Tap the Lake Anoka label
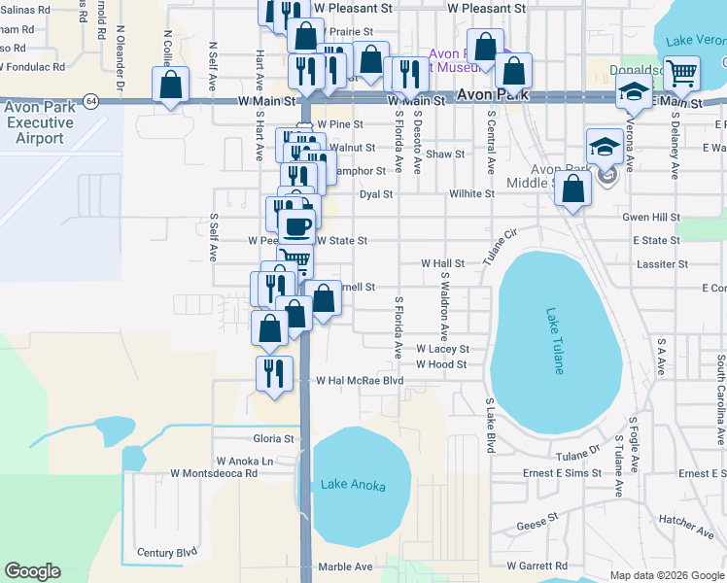tap(353, 486)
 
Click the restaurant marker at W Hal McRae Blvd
tap(274, 372)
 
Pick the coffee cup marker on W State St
tap(296, 226)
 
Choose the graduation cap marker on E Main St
tap(634, 92)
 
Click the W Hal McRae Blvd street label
tap(359, 382)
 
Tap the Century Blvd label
tap(167, 553)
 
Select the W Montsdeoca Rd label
tap(213, 473)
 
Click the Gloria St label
tap(273, 439)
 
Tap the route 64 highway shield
tap(90, 100)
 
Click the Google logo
tap(32, 571)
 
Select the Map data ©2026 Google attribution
tap(667, 575)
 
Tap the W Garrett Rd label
tap(537, 566)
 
